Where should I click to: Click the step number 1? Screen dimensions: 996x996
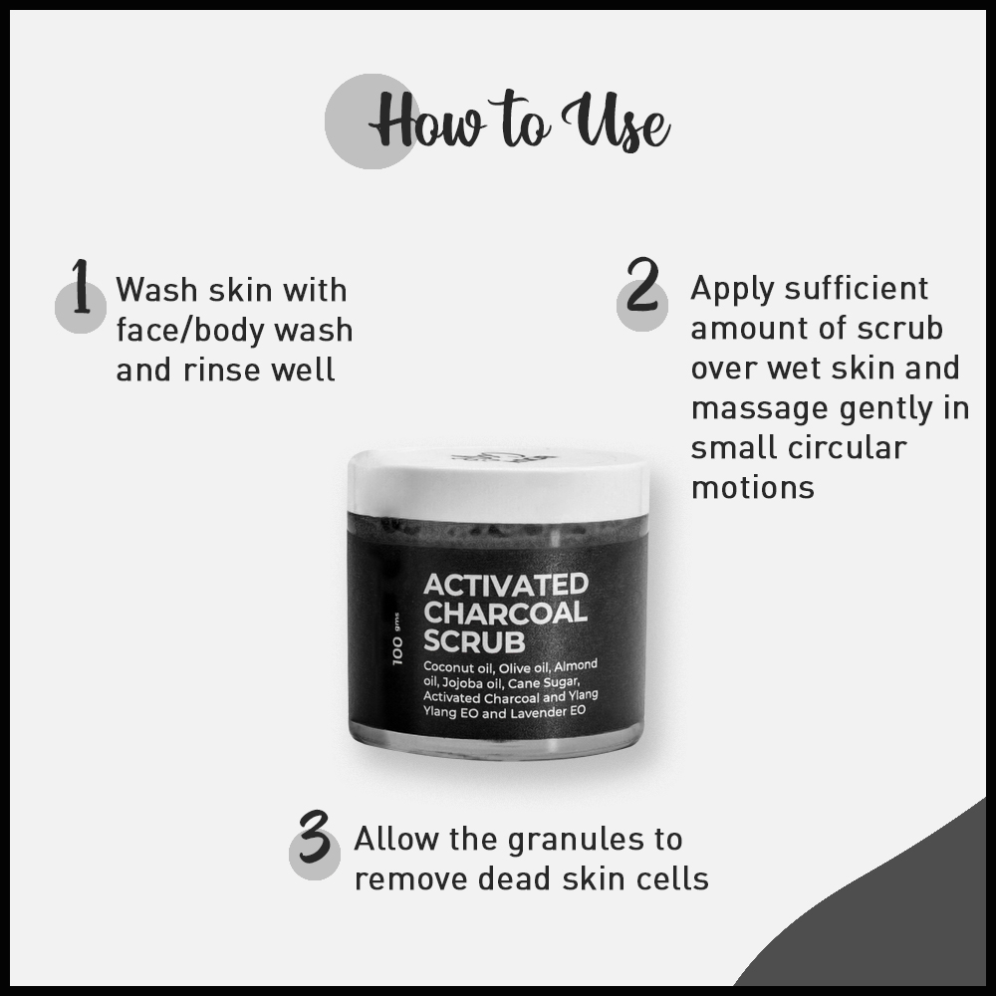[x=80, y=287]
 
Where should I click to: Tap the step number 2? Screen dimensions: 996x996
[x=642, y=285]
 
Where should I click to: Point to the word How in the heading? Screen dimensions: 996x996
[x=425, y=121]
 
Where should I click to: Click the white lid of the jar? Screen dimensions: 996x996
[x=498, y=484]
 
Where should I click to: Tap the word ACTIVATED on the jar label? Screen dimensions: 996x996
[x=506, y=585]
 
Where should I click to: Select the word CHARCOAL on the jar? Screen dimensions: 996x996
[x=505, y=613]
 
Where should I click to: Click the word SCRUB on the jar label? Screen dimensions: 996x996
[x=474, y=641]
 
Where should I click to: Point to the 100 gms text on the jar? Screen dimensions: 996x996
[x=397, y=639]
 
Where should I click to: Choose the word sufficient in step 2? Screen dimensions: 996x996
[x=856, y=289]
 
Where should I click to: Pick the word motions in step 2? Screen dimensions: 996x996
[x=753, y=488]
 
